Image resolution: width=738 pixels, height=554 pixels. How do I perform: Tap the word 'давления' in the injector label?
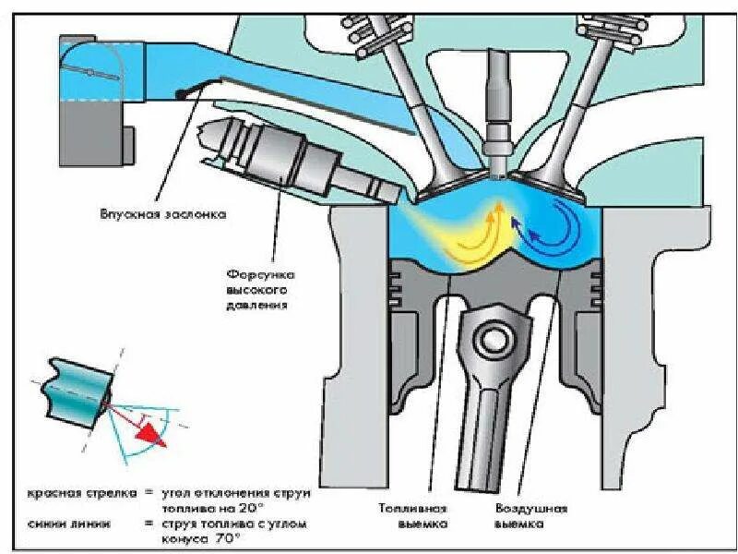259,304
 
